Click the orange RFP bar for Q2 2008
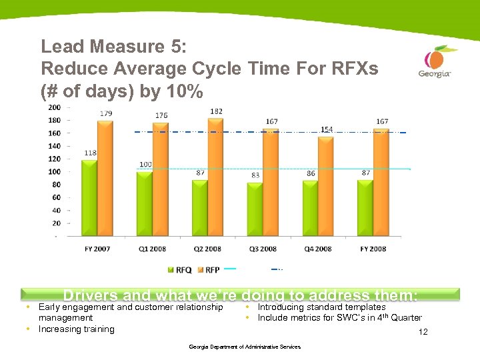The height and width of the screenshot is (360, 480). point(215,177)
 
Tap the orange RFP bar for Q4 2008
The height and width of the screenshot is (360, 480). point(325,186)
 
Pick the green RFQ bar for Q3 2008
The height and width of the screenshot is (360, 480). point(255,209)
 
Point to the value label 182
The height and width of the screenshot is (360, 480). point(215,111)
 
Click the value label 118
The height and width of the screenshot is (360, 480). point(90,153)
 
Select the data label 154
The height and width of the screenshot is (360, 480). point(327,129)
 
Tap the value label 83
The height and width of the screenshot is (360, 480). point(256,175)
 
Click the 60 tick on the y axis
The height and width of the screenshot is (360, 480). point(57,197)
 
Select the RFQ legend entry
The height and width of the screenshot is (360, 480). point(179,270)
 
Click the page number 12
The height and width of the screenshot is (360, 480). point(422,332)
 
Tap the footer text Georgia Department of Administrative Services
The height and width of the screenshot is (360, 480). point(245,347)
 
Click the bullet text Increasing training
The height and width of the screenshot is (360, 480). point(76,329)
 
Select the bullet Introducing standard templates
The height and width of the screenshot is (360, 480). point(321,307)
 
